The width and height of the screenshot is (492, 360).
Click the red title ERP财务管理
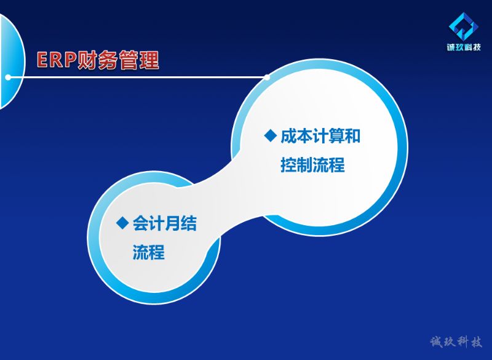click(98, 60)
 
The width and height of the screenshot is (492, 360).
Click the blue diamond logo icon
click(464, 26)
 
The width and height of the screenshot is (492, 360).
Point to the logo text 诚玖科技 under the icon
click(464, 47)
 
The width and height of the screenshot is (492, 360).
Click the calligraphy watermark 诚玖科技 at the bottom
click(456, 342)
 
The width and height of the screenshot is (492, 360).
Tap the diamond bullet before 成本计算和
click(271, 135)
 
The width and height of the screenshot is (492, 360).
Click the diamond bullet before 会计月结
click(122, 223)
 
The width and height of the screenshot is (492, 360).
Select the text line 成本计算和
click(320, 136)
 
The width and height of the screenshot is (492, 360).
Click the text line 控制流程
click(312, 164)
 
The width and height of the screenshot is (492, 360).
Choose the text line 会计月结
click(165, 223)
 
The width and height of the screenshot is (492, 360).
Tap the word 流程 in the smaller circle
click(149, 252)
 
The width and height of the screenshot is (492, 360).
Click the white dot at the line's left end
click(8, 77)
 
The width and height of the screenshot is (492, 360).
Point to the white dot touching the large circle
click(267, 77)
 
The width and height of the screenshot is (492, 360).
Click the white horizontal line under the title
click(137, 77)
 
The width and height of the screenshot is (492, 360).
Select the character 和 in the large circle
click(352, 136)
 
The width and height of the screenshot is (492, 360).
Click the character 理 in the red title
click(149, 60)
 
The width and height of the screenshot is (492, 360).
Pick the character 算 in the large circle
click(336, 136)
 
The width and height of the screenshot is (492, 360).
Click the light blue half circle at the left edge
click(12, 61)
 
